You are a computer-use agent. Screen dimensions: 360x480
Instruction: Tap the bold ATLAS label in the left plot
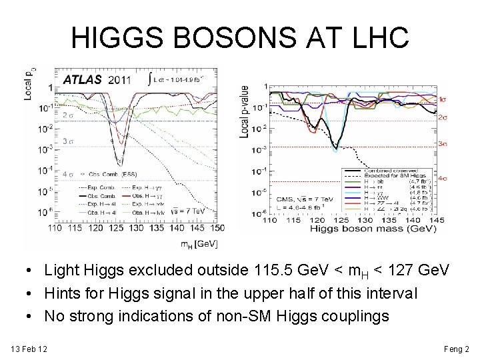(x=82, y=79)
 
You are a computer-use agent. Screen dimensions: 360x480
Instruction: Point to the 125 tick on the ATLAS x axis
(x=117, y=227)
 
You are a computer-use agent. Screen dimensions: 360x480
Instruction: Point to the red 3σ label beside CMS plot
(x=443, y=144)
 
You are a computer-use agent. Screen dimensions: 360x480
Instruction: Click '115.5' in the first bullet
(x=274, y=271)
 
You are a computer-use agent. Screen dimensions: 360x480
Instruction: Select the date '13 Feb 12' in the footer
(x=29, y=349)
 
